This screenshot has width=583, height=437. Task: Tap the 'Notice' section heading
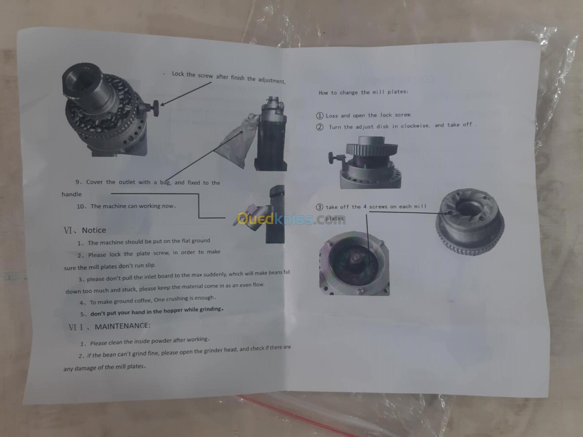click(94, 230)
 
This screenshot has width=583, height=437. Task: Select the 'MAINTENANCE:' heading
click(122, 326)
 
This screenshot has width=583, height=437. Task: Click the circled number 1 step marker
click(320, 116)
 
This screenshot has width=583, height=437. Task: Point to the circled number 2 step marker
click(320, 127)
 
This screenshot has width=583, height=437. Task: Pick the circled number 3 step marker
click(320, 207)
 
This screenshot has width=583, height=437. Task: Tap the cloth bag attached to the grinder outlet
click(238, 141)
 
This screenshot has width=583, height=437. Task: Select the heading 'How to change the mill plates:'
click(363, 92)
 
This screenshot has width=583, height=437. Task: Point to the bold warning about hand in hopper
click(157, 311)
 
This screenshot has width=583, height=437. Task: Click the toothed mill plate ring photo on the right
click(470, 222)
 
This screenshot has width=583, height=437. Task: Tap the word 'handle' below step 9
click(72, 194)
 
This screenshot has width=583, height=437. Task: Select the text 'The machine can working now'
click(132, 206)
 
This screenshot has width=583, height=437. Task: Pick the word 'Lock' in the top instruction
click(178, 74)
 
